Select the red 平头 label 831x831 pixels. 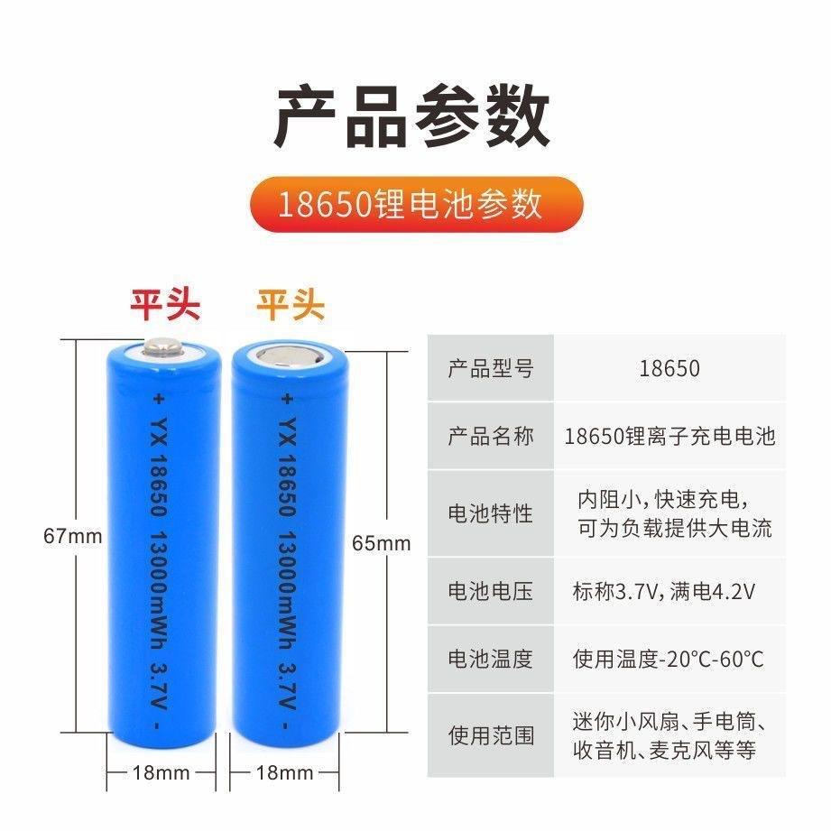click(x=164, y=305)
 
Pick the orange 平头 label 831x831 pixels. click(x=291, y=305)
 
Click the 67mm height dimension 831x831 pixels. click(x=73, y=535)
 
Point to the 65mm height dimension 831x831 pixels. click(x=381, y=543)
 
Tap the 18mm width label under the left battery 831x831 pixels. click(x=161, y=772)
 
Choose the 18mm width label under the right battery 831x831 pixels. click(x=285, y=772)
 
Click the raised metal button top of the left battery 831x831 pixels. click(x=162, y=348)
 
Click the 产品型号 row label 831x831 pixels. click(x=491, y=368)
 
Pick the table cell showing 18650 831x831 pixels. click(x=669, y=368)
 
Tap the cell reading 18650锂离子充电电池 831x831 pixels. click(x=669, y=437)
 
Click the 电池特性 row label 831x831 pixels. click(x=491, y=513)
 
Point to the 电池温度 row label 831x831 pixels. click(x=491, y=659)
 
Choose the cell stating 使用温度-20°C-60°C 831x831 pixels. click(x=668, y=659)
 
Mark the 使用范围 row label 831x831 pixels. click(x=491, y=735)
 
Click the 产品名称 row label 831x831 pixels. click(x=491, y=437)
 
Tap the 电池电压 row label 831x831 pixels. click(x=491, y=591)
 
